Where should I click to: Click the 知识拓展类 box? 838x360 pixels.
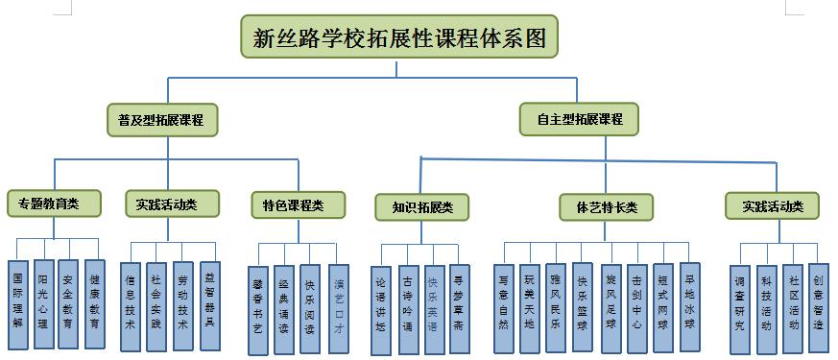click(x=421, y=205)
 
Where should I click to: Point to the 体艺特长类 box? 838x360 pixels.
click(x=606, y=205)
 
